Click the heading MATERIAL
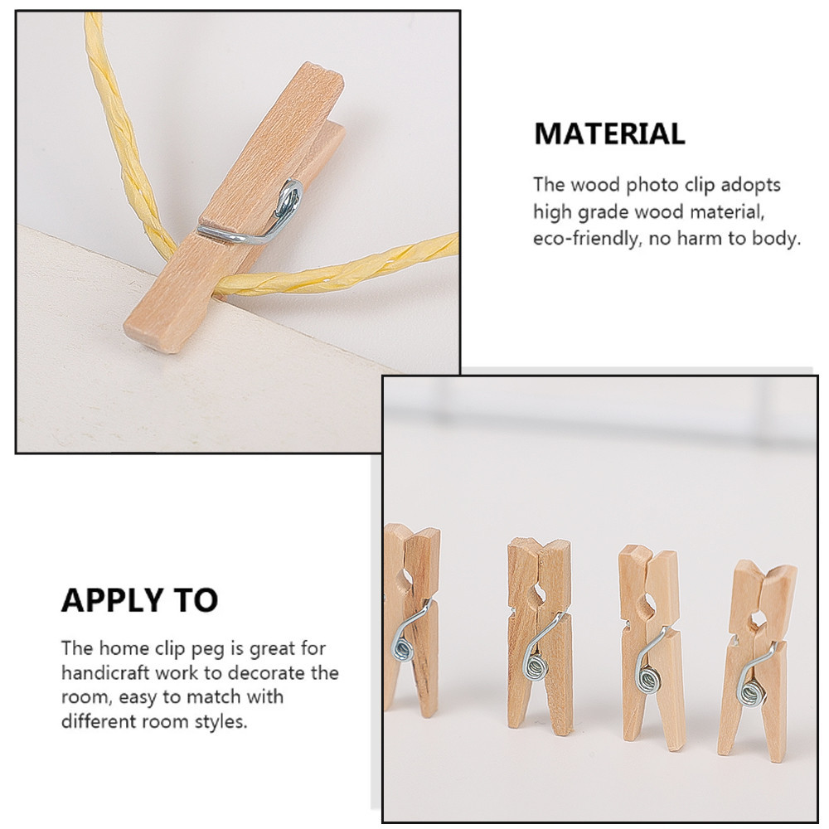click(x=609, y=133)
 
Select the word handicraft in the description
click(x=105, y=672)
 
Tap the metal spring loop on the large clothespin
click(x=288, y=196)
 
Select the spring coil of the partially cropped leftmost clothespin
click(x=401, y=648)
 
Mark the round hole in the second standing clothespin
click(x=540, y=592)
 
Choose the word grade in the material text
click(x=604, y=212)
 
